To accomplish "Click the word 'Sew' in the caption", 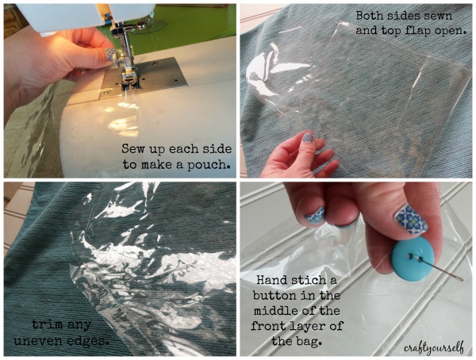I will pyautogui.click(x=133, y=147).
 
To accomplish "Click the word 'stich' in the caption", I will pyautogui.click(x=316, y=279).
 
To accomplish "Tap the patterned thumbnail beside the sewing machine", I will pyautogui.click(x=110, y=55).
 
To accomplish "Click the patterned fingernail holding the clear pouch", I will pyautogui.click(x=307, y=137).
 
